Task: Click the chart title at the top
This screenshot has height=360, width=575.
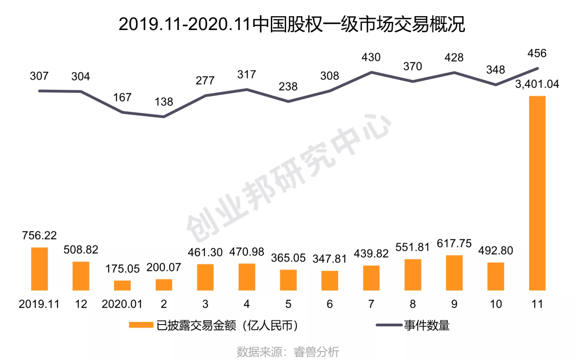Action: point(292,25)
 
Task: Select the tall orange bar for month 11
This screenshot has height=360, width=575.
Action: point(537,193)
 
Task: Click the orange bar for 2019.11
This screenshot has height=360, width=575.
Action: point(39,269)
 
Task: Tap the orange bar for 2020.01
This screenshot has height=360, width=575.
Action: point(122,285)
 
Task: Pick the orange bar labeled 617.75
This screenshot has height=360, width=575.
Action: point(454,273)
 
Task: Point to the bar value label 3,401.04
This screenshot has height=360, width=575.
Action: point(537,84)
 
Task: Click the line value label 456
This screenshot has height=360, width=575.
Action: point(537,53)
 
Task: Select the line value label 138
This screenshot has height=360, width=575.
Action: point(164,102)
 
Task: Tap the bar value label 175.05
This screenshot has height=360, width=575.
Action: point(123,269)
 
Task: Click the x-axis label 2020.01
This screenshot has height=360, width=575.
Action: point(122,304)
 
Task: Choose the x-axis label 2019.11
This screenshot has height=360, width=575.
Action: point(39,304)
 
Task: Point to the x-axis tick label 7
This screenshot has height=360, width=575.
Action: point(371,304)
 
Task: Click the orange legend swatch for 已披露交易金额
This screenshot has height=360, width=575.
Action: point(141,325)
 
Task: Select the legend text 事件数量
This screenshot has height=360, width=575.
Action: point(427,325)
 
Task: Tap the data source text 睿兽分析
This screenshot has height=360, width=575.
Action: point(316,352)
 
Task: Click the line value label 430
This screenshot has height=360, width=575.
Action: point(371,57)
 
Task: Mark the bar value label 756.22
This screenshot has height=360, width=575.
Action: point(39,235)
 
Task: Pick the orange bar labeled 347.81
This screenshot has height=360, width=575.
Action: point(330,281)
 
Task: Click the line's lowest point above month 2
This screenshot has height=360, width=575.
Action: point(164,117)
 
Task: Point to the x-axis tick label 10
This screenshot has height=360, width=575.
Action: point(495,304)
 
